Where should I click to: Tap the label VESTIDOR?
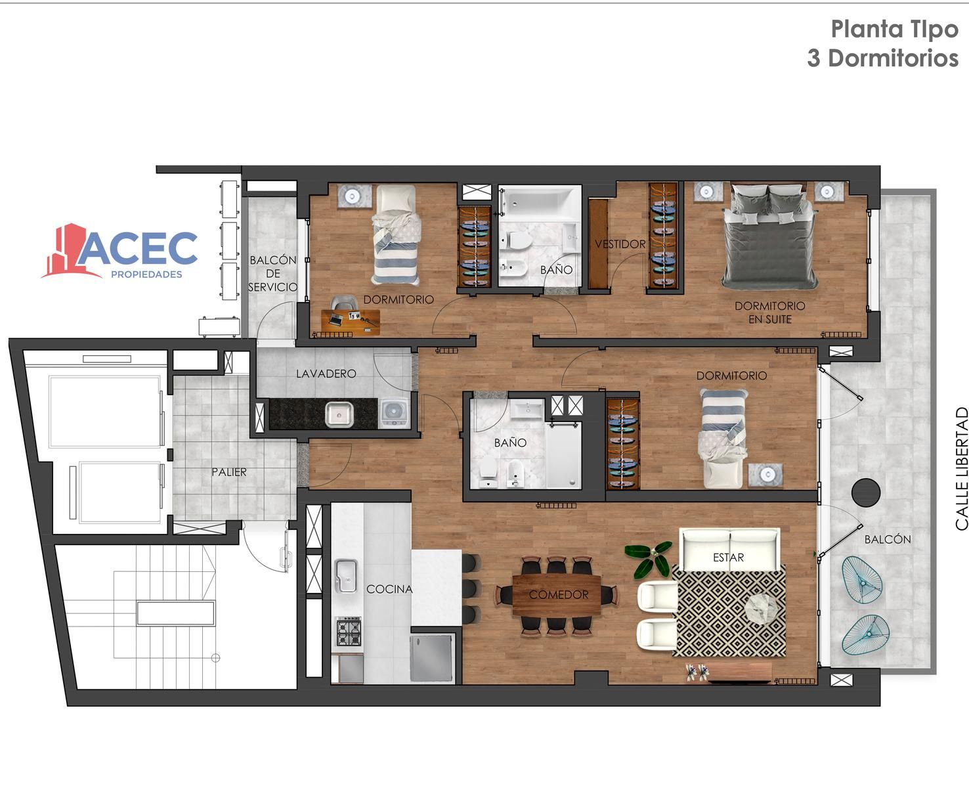point(620,244)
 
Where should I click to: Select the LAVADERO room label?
point(326,374)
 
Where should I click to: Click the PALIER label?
point(229,472)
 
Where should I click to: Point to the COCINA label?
point(389,589)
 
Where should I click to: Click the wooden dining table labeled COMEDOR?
point(557,595)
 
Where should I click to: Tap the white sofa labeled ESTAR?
point(729,549)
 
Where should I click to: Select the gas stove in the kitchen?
point(349,631)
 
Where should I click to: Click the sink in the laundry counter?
point(339,414)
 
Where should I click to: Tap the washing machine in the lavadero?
point(394,413)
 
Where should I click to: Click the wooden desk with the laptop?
point(351,322)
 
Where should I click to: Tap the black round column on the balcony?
point(866,492)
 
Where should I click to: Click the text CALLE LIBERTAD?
point(961,469)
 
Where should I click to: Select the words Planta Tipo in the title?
point(894,29)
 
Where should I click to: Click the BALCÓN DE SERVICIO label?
point(273,273)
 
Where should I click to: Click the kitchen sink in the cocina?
point(346,576)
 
